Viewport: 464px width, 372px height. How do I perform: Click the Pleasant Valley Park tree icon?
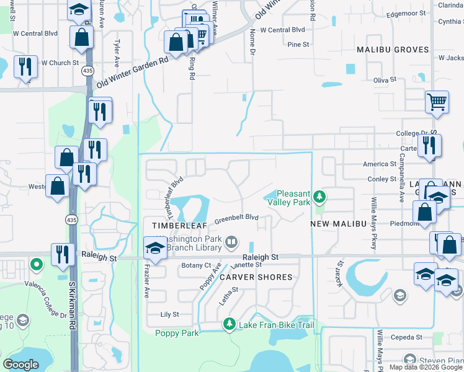(319, 197)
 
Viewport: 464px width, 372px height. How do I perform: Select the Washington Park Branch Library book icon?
(231, 241)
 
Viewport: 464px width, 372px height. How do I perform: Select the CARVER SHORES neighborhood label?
(256, 277)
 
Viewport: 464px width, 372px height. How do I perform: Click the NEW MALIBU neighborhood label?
(336, 224)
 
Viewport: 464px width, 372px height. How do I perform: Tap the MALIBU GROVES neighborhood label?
(393, 50)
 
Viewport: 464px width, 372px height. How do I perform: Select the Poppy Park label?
(177, 333)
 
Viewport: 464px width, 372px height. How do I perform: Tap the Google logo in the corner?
(21, 365)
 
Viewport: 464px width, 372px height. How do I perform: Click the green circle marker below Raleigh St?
(37, 265)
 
